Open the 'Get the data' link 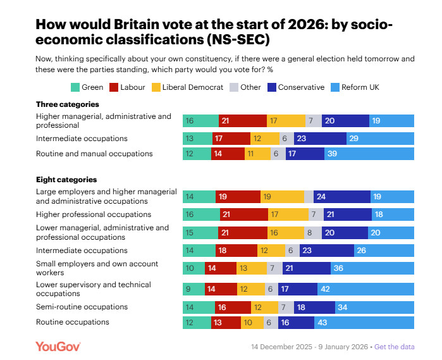(395, 347)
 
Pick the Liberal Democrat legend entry (187, 87)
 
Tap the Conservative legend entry (296, 87)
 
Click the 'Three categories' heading (68, 104)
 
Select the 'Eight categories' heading (66, 180)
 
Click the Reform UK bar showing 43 (364, 323)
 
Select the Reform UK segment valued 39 (369, 154)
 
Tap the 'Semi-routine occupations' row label (82, 307)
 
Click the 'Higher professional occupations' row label (93, 214)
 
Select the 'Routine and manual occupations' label (94, 154)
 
